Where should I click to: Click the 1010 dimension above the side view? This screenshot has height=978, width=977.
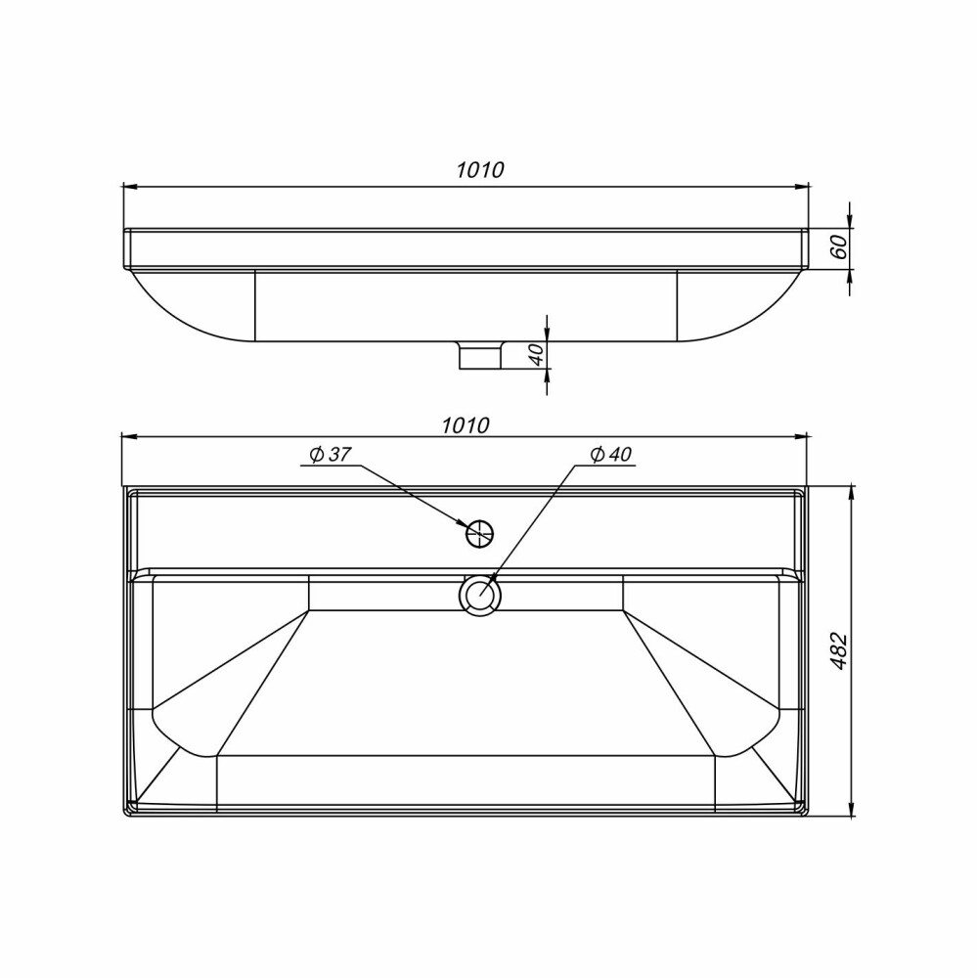point(480,169)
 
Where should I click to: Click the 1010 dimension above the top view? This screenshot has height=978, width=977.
point(466,425)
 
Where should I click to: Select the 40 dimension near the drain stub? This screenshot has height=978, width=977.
point(537,354)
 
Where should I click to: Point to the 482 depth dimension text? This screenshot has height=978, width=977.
point(840,651)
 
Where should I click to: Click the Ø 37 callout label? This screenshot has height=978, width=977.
point(331,455)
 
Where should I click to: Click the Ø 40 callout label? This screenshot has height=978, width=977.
point(611,455)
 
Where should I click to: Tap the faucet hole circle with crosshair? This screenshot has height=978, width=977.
point(480,533)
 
